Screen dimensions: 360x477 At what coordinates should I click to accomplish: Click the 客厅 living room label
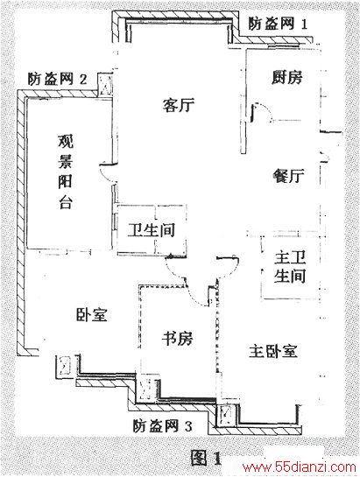pos(179,105)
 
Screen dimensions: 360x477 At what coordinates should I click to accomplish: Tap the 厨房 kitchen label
pos(287,77)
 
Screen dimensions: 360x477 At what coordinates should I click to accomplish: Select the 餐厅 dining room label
pos(288,176)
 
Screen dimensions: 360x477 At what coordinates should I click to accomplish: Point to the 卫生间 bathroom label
pos(152,230)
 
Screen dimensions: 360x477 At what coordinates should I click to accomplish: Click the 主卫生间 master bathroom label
pos(290,267)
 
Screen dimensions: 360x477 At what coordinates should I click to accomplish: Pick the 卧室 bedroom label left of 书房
pos(92,314)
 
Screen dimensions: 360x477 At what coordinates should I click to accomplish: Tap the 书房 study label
pos(177,338)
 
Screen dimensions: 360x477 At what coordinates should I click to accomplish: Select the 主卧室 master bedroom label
pos(273,351)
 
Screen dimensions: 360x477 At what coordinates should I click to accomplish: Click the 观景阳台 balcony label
pos(65,172)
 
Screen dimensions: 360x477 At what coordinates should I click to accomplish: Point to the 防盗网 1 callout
pos(278,24)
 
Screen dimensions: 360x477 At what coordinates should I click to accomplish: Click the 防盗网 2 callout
pos(58,79)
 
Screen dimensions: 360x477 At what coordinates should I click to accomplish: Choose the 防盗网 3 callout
pos(162,426)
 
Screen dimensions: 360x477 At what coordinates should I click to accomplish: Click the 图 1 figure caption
pos(206,458)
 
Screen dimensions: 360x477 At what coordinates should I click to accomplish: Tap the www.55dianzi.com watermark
pos(299,467)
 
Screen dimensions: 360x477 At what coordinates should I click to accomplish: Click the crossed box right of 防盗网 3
pos(226,415)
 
